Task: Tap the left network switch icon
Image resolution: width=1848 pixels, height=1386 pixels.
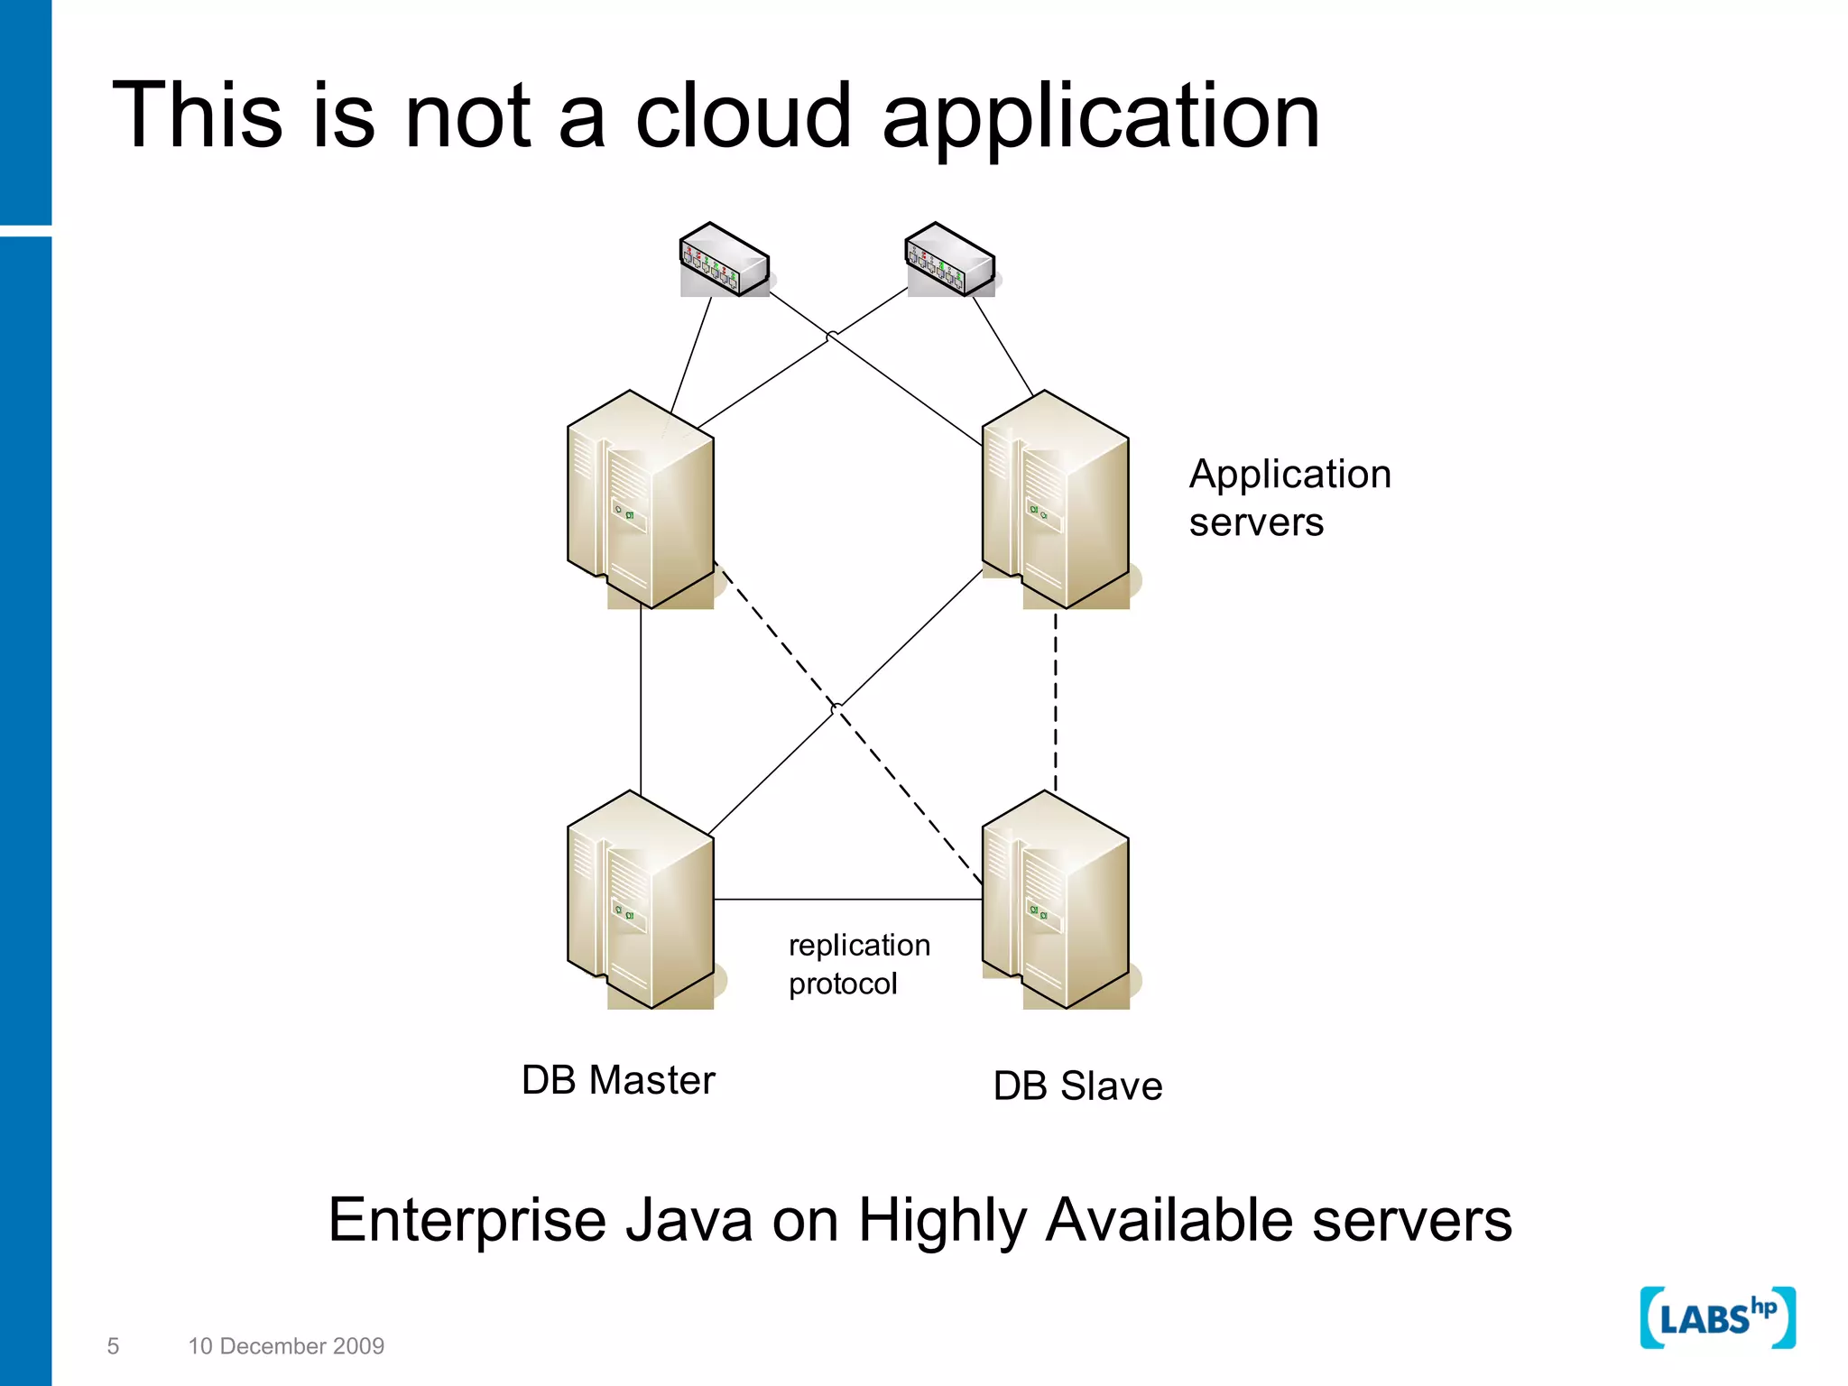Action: (x=725, y=261)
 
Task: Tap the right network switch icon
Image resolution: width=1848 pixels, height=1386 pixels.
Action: (x=950, y=261)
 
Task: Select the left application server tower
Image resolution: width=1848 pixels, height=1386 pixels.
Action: (x=642, y=501)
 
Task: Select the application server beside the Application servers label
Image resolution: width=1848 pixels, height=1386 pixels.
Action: (x=1056, y=501)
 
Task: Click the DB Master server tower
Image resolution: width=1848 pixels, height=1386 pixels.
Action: (x=642, y=901)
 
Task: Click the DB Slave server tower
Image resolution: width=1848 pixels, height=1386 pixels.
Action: (x=1056, y=901)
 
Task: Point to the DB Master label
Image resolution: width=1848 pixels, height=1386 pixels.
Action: (x=618, y=1080)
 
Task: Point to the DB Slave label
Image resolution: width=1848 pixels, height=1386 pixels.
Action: (x=1077, y=1086)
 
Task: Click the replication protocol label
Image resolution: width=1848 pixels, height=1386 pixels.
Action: (x=858, y=964)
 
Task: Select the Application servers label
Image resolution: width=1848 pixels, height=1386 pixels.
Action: (x=1289, y=497)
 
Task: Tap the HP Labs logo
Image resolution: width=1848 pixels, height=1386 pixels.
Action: (x=1717, y=1318)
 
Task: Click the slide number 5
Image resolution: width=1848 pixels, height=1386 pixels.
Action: (x=113, y=1346)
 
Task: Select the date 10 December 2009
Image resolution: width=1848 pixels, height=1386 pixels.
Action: (x=286, y=1346)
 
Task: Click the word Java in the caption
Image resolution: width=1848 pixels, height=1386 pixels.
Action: (x=688, y=1220)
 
